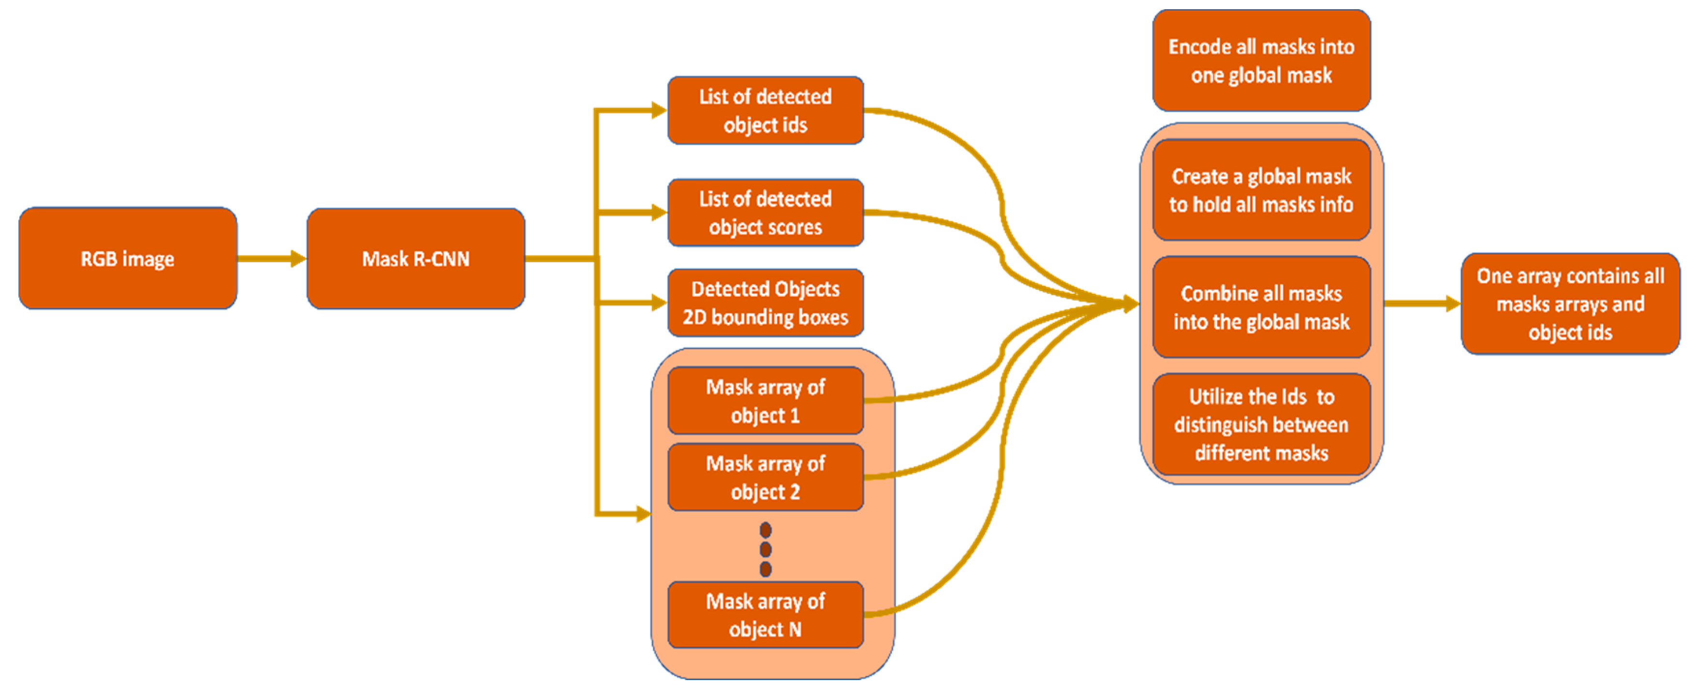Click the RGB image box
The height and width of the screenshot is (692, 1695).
(x=128, y=259)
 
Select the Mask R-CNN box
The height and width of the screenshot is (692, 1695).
(x=416, y=259)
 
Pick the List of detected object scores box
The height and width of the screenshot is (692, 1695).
(x=765, y=213)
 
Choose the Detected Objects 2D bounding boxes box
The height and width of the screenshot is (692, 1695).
(x=765, y=303)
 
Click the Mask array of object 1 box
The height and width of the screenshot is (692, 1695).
(x=765, y=401)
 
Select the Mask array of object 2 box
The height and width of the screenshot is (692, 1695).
(x=765, y=477)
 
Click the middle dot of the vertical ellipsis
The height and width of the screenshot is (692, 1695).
(x=765, y=549)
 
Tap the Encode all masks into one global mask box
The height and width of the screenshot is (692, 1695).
(x=1261, y=60)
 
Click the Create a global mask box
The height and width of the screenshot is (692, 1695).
(x=1261, y=190)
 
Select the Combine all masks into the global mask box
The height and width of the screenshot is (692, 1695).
(x=1261, y=307)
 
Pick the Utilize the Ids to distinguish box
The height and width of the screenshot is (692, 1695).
(x=1261, y=424)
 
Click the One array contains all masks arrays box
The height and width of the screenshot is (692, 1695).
(x=1570, y=304)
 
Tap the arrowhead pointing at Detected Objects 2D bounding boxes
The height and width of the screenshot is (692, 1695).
(x=659, y=303)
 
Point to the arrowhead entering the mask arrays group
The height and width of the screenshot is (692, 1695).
(x=644, y=514)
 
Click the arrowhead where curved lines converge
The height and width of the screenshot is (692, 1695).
(x=1131, y=304)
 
